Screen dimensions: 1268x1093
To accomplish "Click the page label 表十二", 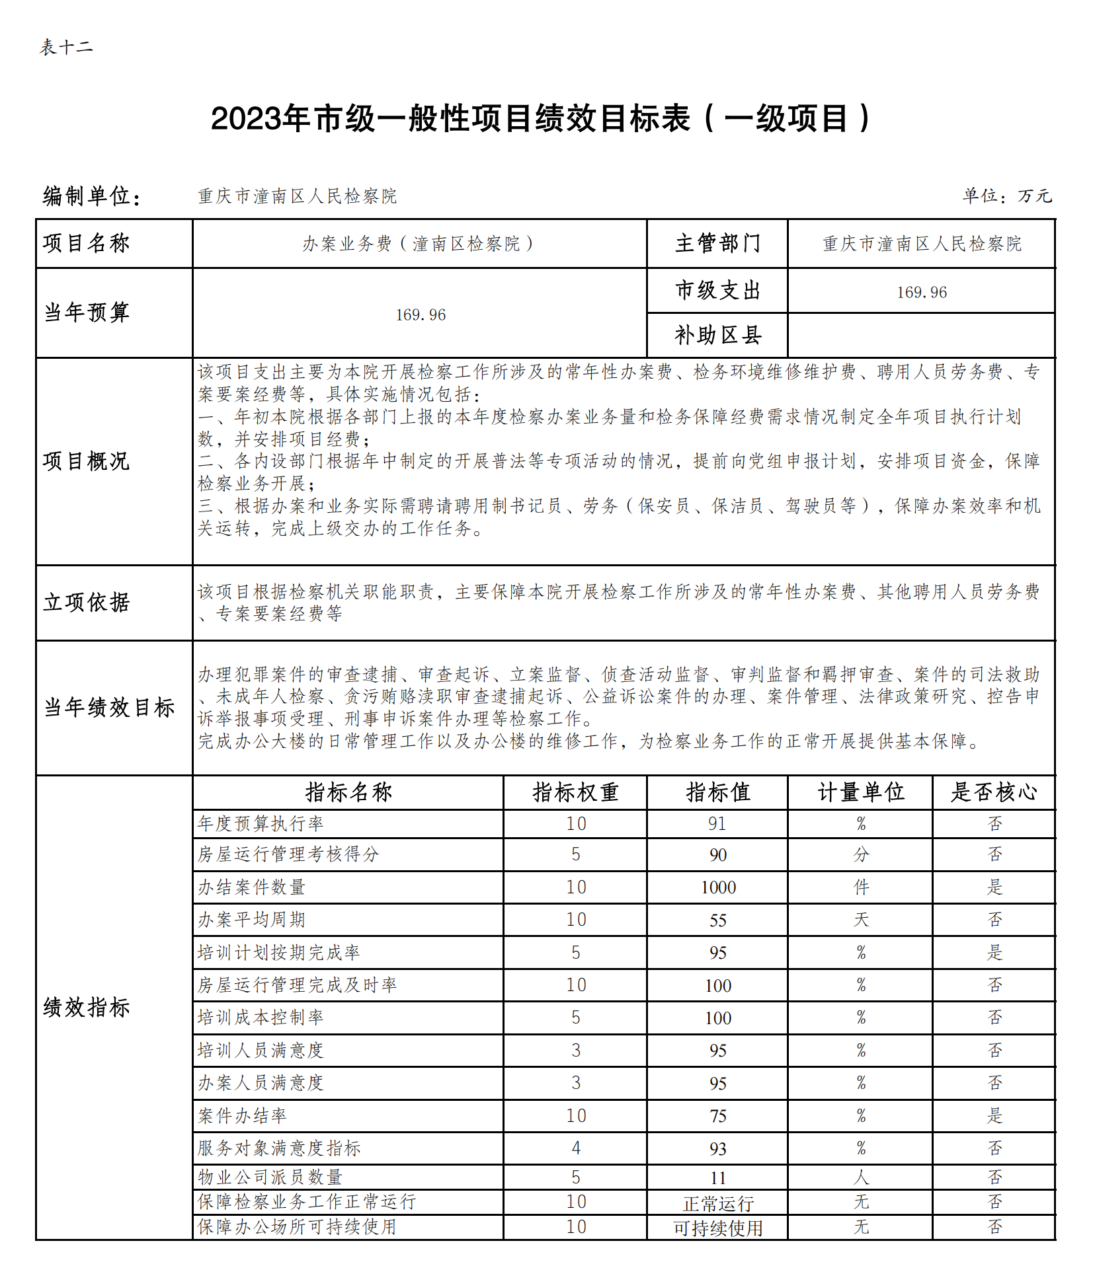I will coord(66,48).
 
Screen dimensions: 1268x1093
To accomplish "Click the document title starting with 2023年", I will coord(541,119).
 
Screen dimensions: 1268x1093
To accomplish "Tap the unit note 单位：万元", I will coord(1006,196).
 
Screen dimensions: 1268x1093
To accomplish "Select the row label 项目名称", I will coord(87,243).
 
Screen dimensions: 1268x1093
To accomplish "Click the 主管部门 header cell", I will coord(717,243).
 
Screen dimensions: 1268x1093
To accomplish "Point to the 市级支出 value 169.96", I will coord(921,292).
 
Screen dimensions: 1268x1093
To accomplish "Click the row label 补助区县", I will coord(717,336).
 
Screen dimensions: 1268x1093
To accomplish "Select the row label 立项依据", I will coord(87,602).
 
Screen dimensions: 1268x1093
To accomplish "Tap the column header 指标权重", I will coord(575,792).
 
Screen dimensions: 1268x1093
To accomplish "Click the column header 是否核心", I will coord(994,792).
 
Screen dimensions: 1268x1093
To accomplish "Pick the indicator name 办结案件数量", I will coord(252,887).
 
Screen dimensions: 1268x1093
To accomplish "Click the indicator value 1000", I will coord(718,887).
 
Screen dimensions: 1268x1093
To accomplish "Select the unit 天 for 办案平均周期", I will coord(861,919).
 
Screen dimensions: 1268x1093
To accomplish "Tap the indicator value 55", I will coord(718,920).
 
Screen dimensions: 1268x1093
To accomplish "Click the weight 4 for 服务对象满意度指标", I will coord(576,1148).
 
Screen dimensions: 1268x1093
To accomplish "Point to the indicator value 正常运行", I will coord(718,1203).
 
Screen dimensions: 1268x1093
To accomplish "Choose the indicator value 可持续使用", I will coord(718,1228).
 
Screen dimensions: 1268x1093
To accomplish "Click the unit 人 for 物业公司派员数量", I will coord(861,1177).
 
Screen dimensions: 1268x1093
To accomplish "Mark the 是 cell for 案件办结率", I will coord(994,1115).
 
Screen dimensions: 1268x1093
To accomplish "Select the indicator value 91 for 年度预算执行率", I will coord(717,823).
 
